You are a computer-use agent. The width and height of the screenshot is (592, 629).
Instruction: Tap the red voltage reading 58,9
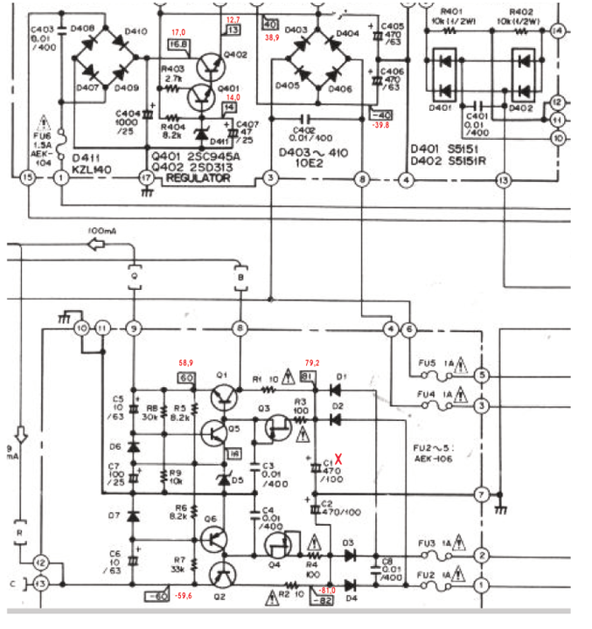185,362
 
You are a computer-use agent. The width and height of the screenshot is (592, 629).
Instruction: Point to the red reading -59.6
183,597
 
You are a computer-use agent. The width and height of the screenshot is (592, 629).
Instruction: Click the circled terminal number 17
145,178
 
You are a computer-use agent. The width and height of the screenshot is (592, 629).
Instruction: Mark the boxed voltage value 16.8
178,44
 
